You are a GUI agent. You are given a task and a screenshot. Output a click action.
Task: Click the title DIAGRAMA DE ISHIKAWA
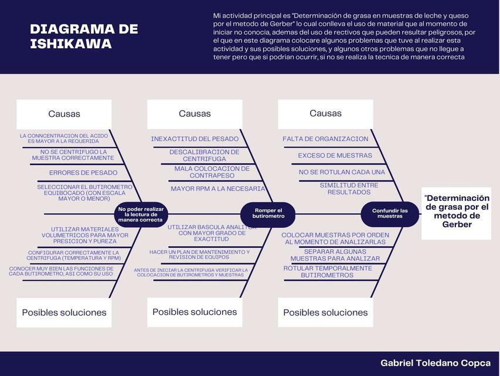[84, 36]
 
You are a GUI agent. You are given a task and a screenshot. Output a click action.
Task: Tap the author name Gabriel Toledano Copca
[435, 363]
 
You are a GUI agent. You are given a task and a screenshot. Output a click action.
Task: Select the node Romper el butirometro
[268, 214]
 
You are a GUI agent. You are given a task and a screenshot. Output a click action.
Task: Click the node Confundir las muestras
[390, 213]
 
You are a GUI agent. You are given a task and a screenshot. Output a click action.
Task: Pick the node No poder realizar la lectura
[141, 214]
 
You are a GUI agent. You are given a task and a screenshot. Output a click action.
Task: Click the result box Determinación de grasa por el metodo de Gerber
[457, 211]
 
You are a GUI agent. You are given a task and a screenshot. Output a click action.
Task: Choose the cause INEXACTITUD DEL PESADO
[195, 139]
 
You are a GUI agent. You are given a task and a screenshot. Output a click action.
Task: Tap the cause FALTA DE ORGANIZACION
[325, 139]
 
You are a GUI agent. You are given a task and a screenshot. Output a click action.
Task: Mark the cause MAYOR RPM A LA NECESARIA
[217, 189]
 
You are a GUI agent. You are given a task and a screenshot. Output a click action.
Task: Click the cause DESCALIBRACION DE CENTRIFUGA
[204, 155]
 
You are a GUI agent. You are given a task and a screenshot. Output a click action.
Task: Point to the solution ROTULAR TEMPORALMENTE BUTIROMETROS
[327, 271]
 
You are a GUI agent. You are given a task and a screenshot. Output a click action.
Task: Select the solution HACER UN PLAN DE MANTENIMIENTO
[199, 254]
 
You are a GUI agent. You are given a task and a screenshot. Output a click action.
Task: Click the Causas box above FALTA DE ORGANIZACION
[325, 114]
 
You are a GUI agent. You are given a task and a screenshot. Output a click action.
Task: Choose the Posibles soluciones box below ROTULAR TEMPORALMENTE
[325, 313]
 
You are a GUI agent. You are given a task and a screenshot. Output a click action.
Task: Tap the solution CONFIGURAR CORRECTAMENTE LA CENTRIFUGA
[73, 255]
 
